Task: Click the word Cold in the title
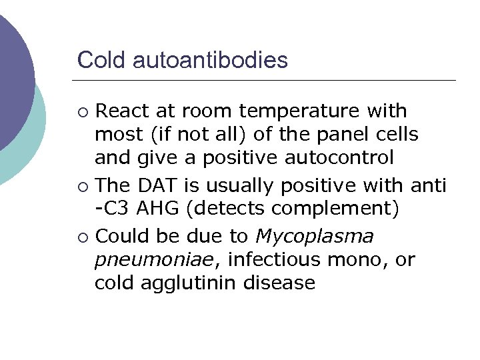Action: [102, 61]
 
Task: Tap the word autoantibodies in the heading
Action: [211, 61]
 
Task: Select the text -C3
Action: [113, 209]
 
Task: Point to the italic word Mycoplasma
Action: [315, 236]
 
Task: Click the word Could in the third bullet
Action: [119, 236]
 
